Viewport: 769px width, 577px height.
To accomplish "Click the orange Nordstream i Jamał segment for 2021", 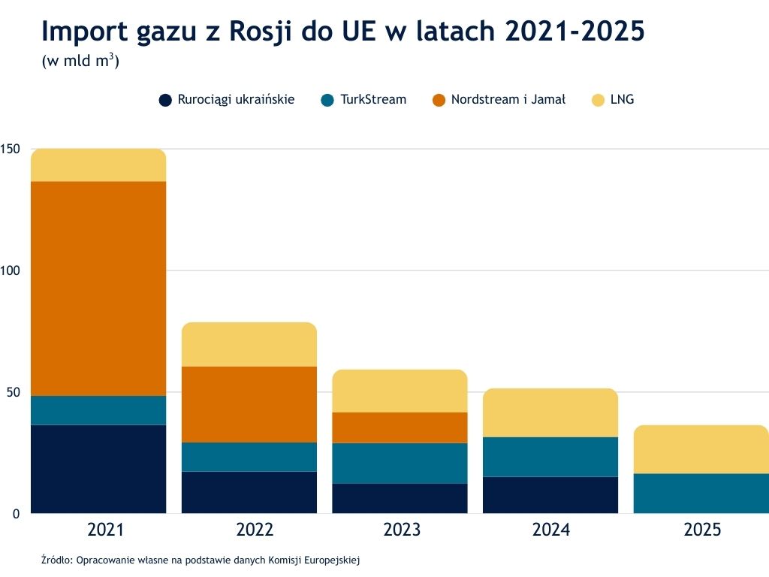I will point(98,288).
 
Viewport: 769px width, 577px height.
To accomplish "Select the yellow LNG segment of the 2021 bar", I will point(98,165).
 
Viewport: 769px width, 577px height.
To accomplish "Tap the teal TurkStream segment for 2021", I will point(98,410).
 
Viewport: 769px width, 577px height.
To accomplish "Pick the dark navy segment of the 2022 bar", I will point(249,492).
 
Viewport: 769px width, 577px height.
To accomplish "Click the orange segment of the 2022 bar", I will point(249,404).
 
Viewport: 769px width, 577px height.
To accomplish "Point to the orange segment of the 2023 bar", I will point(400,427).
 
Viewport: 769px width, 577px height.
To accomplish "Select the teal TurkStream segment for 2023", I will point(400,463).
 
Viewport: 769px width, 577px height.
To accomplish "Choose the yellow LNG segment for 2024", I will point(550,412).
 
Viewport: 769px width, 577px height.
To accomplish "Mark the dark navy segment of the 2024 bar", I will point(550,494).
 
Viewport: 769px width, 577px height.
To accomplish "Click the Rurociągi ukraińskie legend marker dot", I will point(166,100).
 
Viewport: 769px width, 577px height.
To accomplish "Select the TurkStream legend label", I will point(373,99).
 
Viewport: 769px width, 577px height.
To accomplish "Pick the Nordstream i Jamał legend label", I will point(508,99).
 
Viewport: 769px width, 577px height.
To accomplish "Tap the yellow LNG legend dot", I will point(599,100).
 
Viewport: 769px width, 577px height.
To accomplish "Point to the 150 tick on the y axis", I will point(10,149).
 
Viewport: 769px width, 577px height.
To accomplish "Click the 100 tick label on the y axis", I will point(10,270).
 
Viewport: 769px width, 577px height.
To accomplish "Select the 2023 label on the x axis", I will point(402,530).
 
